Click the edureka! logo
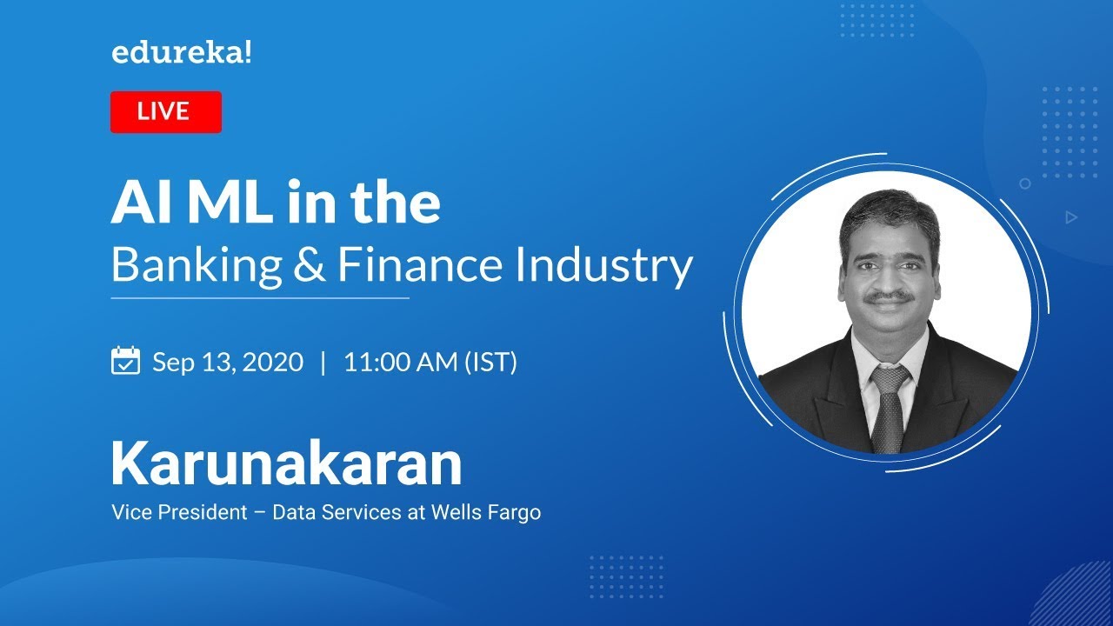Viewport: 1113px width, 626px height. tap(182, 53)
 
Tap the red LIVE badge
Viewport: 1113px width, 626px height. tap(166, 112)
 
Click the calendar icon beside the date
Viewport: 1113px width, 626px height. tap(126, 360)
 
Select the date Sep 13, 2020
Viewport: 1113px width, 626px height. tap(228, 362)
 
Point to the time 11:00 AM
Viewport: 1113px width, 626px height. tap(401, 362)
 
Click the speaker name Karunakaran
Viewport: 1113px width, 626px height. tap(287, 463)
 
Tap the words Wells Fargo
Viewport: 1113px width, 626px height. tap(486, 512)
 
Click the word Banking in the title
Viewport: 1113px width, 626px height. tap(197, 265)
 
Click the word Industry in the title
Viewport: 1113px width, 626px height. tap(603, 265)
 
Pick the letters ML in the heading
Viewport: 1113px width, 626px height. tap(230, 203)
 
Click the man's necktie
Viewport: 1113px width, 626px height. tap(888, 409)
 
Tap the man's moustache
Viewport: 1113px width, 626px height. tap(889, 297)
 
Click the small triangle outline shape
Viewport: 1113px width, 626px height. tap(1071, 217)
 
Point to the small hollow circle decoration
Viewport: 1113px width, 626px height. tap(1025, 183)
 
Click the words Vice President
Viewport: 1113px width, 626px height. tap(179, 512)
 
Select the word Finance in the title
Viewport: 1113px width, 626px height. tap(420, 265)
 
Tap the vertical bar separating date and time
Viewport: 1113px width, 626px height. tap(323, 363)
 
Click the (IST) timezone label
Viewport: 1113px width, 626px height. tap(491, 363)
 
